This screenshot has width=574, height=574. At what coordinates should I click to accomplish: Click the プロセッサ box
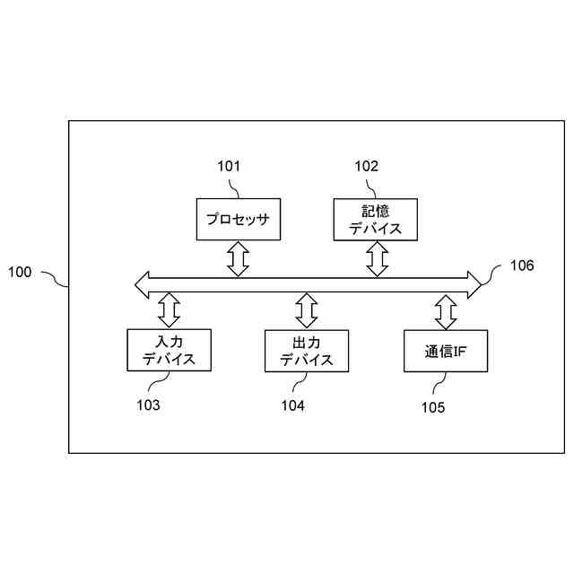[x=238, y=219]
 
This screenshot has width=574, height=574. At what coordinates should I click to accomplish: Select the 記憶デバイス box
[x=377, y=220]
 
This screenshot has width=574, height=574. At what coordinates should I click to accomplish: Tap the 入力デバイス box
[x=169, y=350]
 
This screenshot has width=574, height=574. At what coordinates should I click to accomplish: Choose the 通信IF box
[x=446, y=352]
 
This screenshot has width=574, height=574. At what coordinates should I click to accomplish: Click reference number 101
[x=230, y=166]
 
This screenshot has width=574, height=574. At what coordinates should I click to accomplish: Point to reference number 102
[x=367, y=166]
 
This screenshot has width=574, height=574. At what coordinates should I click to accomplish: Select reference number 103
[x=149, y=405]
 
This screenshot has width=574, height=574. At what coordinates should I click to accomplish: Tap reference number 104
[x=292, y=405]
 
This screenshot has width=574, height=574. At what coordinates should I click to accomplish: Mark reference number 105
[x=432, y=407]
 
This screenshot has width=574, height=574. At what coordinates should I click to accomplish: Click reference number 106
[x=522, y=265]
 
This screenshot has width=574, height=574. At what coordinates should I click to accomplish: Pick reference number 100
[x=20, y=272]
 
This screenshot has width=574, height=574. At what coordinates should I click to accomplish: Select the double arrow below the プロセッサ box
[x=238, y=258]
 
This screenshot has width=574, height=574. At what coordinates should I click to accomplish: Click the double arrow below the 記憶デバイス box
[x=378, y=259]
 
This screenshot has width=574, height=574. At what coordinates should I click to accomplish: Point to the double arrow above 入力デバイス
[x=169, y=310]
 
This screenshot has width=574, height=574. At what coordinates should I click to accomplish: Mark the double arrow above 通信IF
[x=446, y=311]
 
